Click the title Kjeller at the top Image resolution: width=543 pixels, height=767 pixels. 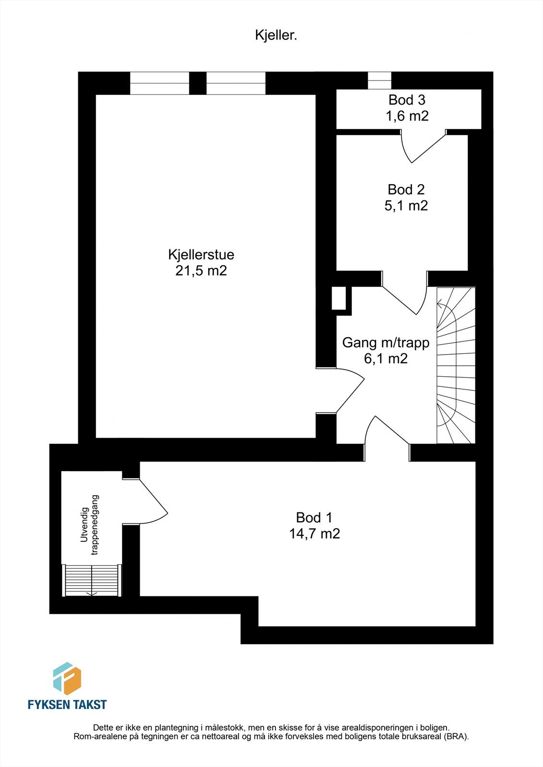pyautogui.click(x=276, y=35)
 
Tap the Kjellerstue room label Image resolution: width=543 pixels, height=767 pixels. pyautogui.click(x=201, y=254)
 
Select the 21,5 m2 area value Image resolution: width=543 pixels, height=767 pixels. pyautogui.click(x=201, y=271)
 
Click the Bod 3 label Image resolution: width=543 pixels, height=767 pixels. pyautogui.click(x=407, y=100)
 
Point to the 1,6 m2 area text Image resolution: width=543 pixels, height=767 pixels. pyautogui.click(x=407, y=116)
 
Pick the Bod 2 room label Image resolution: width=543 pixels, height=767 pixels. pyautogui.click(x=406, y=189)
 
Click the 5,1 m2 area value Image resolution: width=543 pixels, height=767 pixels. pyautogui.click(x=406, y=206)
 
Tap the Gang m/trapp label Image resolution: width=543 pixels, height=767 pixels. pyautogui.click(x=386, y=343)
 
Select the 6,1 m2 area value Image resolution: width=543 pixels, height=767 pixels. pyautogui.click(x=386, y=359)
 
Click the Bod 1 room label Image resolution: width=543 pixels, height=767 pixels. pyautogui.click(x=314, y=518)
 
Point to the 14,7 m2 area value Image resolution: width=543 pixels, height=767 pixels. pyautogui.click(x=314, y=534)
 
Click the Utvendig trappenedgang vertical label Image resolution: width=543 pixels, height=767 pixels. pyautogui.click(x=89, y=525)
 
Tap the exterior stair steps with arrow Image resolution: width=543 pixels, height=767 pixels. pyautogui.click(x=91, y=581)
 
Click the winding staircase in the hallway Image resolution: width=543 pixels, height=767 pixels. pyautogui.click(x=455, y=365)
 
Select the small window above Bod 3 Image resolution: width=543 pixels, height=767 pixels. pyautogui.click(x=379, y=80)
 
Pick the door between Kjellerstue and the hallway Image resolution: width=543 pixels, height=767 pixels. pyautogui.click(x=343, y=390)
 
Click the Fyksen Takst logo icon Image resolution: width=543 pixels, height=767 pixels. pyautogui.click(x=67, y=678)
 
